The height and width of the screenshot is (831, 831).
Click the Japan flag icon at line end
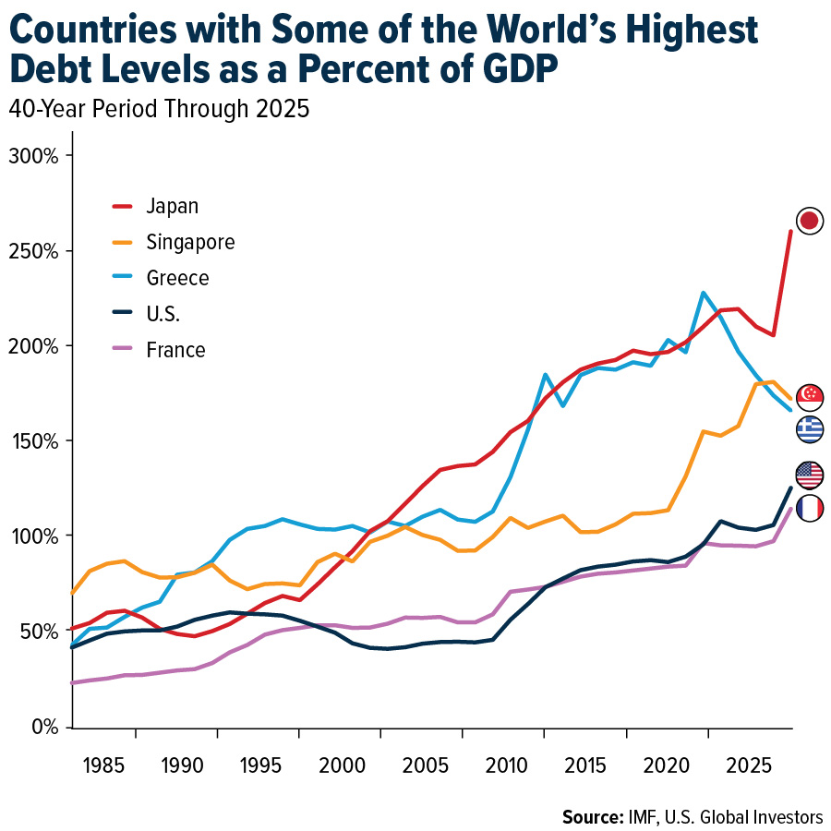coord(810,221)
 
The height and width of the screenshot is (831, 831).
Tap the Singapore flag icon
coord(810,396)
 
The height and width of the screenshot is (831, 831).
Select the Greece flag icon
coord(810,428)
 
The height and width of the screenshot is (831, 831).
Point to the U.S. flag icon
coord(810,475)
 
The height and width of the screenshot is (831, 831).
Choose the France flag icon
coord(810,508)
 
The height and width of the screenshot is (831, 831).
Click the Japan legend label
coord(172,206)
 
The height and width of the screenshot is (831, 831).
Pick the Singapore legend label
coord(190,242)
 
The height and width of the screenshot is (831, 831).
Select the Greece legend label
coord(177,278)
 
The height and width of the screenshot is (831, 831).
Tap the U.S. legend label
coord(163,314)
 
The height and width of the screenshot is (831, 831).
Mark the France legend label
coord(175,350)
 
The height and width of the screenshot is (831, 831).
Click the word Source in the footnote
coord(592,816)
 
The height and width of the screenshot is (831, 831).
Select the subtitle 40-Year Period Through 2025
coord(158,109)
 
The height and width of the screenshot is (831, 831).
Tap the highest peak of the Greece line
coord(704,293)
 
